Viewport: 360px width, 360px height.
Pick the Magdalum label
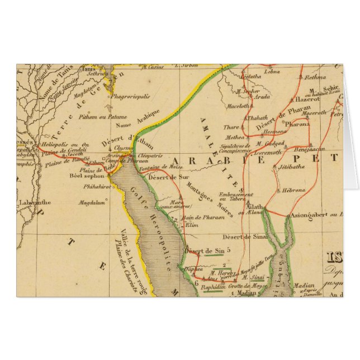tap(93, 204)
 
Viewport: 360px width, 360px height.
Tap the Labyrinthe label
tap(35, 202)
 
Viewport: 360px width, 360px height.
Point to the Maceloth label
tap(238, 106)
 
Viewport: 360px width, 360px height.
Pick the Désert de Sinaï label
tap(252, 238)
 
